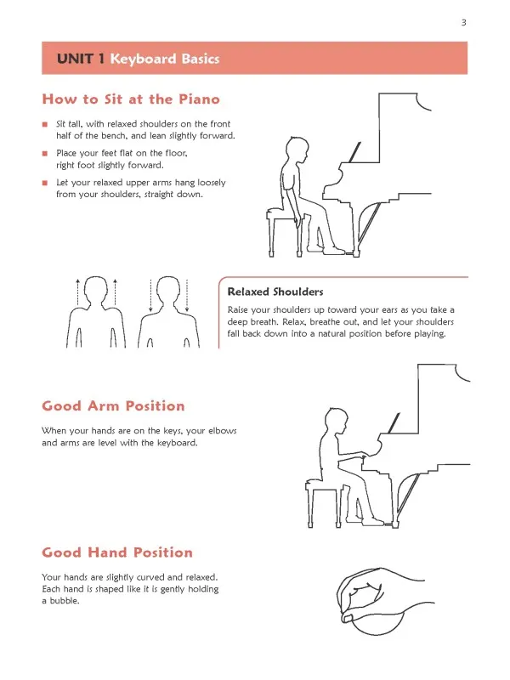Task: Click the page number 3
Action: (463, 23)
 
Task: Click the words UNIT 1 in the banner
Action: (81, 59)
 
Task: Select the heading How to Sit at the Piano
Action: (131, 99)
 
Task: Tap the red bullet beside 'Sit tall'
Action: (45, 124)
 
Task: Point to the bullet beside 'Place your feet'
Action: (45, 154)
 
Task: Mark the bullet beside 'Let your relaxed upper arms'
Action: (45, 183)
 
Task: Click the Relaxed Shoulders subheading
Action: (275, 292)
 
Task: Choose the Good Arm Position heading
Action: (114, 406)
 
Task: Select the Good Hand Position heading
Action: (117, 552)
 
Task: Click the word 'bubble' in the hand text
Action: (65, 601)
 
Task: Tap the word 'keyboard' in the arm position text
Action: (177, 443)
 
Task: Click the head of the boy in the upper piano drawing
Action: (297, 150)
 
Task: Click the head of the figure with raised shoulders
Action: (96, 289)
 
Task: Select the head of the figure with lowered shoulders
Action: (168, 289)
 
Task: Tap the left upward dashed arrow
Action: (78, 293)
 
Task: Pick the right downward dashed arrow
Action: (187, 295)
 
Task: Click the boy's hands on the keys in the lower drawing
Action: (362, 455)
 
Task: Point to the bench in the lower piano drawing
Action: (324, 503)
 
